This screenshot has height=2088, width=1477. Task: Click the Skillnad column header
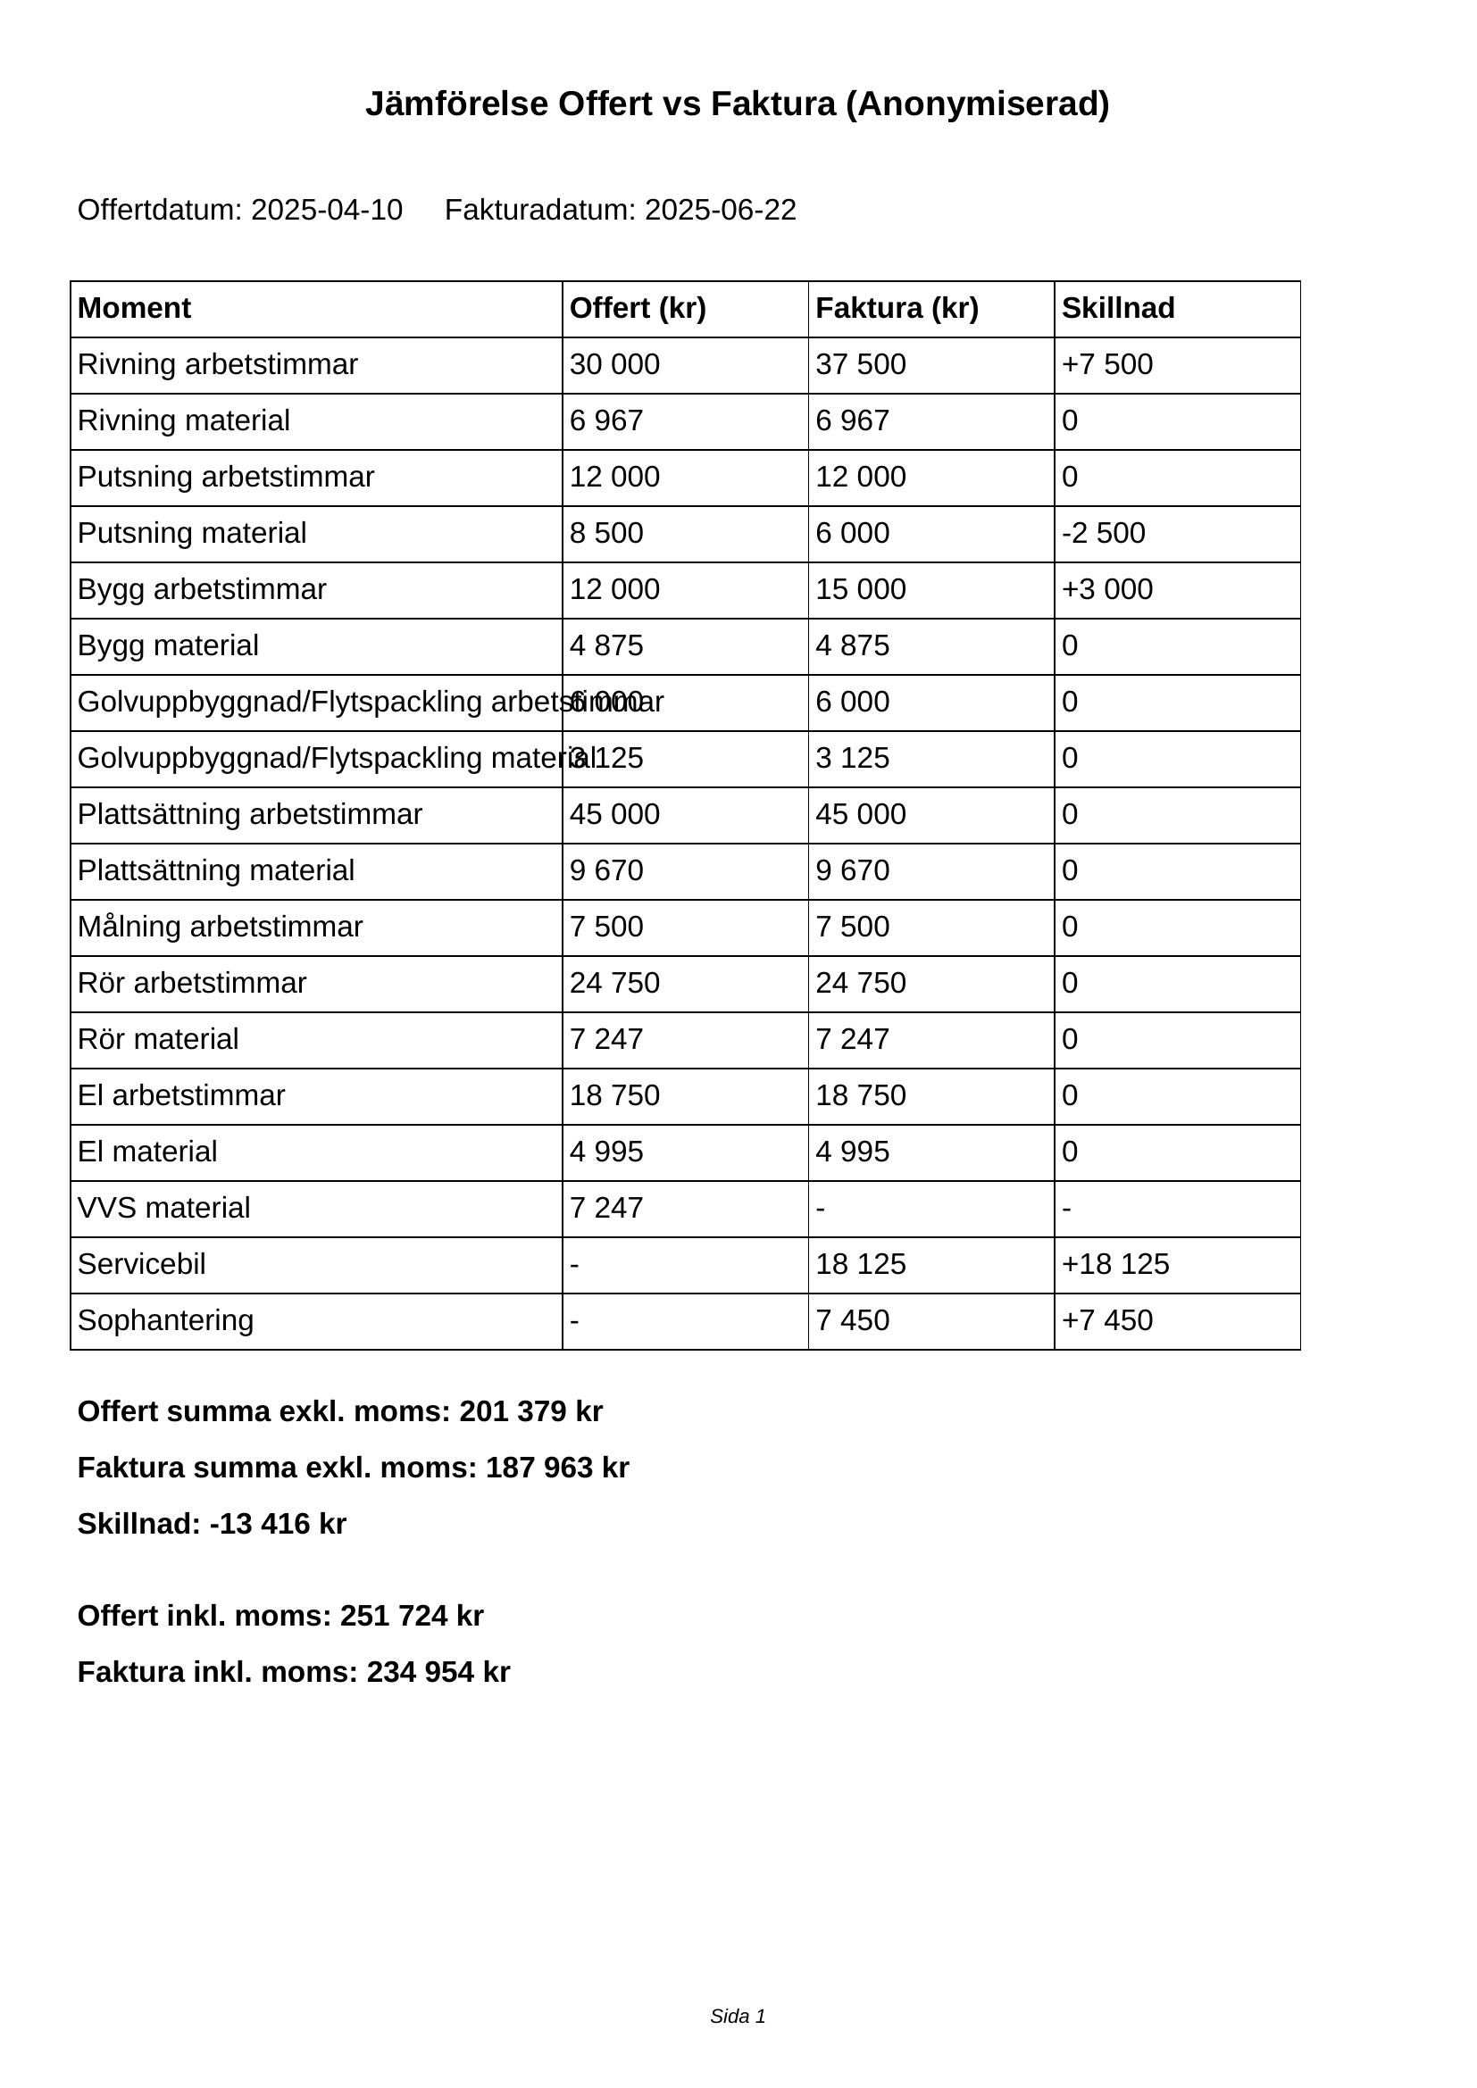click(x=1118, y=308)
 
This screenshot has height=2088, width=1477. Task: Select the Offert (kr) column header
click(x=638, y=308)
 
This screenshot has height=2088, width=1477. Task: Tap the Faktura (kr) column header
click(x=897, y=308)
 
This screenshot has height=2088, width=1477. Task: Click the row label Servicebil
click(x=142, y=1264)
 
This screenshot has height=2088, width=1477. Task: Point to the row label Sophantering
click(x=165, y=1320)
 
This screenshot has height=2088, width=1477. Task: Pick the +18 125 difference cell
click(x=1115, y=1264)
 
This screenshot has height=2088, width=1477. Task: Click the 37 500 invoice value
click(x=860, y=365)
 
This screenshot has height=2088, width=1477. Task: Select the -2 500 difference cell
click(x=1103, y=533)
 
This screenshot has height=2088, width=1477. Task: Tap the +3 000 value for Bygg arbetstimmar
click(x=1106, y=589)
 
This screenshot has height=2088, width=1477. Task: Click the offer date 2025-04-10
click(x=327, y=210)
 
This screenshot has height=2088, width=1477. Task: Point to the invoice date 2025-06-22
click(x=721, y=210)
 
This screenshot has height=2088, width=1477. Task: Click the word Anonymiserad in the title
click(x=978, y=104)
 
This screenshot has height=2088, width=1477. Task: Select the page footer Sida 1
click(x=738, y=2017)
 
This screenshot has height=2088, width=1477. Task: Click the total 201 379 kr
click(x=531, y=1411)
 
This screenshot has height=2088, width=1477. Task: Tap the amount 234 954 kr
click(x=438, y=1672)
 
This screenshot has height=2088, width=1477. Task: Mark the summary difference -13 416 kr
click(x=278, y=1524)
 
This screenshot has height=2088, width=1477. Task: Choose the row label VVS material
click(x=163, y=1208)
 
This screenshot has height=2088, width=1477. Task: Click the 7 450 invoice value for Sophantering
click(x=852, y=1320)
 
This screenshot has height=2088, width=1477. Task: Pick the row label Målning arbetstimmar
click(x=220, y=927)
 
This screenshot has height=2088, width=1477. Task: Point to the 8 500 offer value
click(x=605, y=533)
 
